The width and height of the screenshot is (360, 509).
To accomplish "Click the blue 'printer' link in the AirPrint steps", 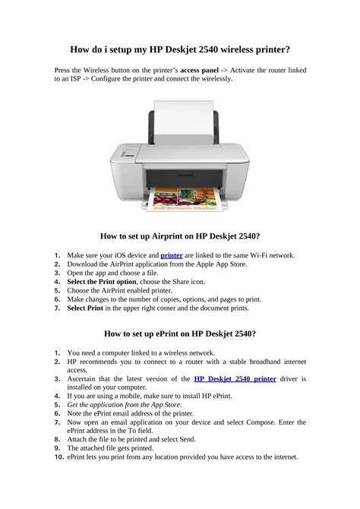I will point(172,255).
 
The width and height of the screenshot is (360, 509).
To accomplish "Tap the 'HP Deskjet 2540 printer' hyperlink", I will point(235,378).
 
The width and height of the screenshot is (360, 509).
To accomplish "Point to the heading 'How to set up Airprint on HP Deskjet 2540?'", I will point(180,236).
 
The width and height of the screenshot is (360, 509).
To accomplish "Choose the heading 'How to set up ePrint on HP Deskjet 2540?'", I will point(180,334).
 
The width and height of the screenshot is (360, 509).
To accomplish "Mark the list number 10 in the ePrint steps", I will point(58,457).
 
